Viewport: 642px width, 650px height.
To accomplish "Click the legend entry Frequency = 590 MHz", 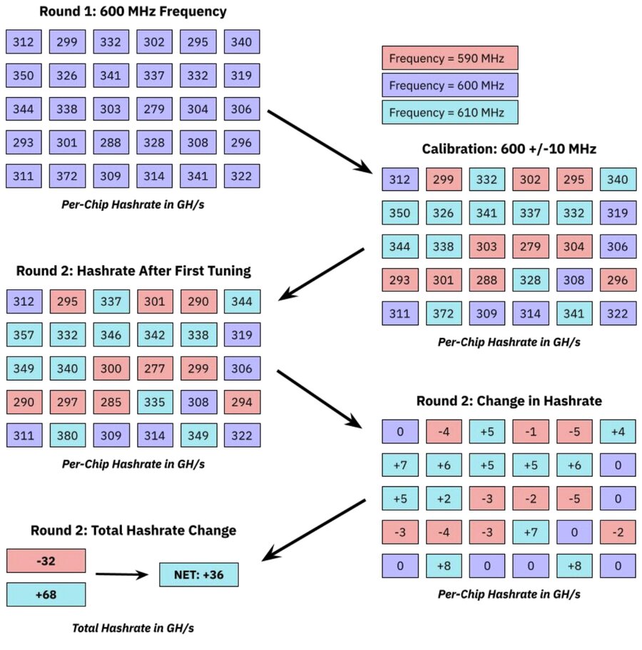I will coord(449,58).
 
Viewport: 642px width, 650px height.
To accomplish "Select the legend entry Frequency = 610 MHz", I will coord(449,113).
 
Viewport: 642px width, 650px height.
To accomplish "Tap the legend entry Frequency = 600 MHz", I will coord(449,86).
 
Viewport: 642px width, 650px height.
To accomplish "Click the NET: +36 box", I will coord(199,574).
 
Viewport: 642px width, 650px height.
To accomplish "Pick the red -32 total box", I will coord(46,561).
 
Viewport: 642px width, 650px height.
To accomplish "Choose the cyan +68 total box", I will coord(46,595).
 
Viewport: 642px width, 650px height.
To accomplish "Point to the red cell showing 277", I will coord(154,368).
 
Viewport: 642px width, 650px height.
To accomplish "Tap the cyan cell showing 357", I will coord(23,335).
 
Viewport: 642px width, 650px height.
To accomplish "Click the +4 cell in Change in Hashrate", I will coord(617,430).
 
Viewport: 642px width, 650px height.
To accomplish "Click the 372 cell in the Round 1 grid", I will coord(66,176).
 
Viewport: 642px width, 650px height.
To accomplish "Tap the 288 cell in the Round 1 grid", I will coord(111,143).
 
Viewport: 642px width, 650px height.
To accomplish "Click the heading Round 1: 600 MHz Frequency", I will coord(133,12).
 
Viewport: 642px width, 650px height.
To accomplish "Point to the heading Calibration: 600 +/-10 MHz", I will coord(509,149).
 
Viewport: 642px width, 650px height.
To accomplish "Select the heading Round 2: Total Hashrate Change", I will coord(133,530).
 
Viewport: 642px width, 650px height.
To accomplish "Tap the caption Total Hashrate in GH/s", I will coord(133,628).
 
